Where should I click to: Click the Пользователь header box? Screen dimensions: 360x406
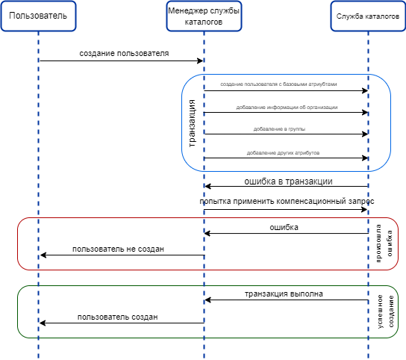[38, 16]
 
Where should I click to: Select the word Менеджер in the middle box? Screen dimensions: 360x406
[188, 10]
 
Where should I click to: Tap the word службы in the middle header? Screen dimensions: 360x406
[224, 10]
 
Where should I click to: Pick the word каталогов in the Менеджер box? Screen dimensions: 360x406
[204, 22]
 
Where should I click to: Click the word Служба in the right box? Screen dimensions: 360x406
[351, 16]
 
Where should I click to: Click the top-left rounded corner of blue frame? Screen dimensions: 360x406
[187, 80]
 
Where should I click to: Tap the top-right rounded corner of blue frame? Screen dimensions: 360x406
[385, 80]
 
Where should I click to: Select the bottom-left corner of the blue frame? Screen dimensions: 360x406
[187, 166]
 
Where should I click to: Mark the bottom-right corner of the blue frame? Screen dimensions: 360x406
[385, 166]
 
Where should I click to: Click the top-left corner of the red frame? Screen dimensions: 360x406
[20, 221]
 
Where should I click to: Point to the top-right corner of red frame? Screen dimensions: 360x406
[395, 221]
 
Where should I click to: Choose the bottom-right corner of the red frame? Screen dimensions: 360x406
[395, 267]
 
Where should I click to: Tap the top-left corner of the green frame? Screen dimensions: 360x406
[21, 289]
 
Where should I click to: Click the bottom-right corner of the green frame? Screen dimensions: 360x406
[394, 335]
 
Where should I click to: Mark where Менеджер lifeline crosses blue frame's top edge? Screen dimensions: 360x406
[204, 75]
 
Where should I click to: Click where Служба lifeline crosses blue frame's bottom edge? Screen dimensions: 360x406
[368, 171]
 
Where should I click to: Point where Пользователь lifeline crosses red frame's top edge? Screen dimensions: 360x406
[38, 218]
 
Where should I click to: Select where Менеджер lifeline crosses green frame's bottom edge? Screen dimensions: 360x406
[204, 338]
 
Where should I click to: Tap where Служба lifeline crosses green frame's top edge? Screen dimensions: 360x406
[368, 285]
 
